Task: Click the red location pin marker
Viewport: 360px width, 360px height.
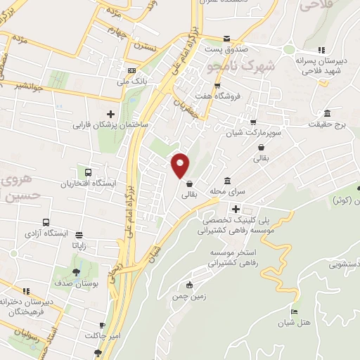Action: coord(181,165)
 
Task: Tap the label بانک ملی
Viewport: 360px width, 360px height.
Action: coord(136,82)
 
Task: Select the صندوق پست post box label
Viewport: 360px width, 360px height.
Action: coord(224,50)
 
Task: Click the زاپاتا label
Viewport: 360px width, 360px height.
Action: coord(78,247)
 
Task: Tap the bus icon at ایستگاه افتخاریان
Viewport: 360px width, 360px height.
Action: coord(89,172)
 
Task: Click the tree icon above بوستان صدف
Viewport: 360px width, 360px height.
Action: coord(77,274)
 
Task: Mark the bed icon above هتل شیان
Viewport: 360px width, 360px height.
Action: coord(294,311)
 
